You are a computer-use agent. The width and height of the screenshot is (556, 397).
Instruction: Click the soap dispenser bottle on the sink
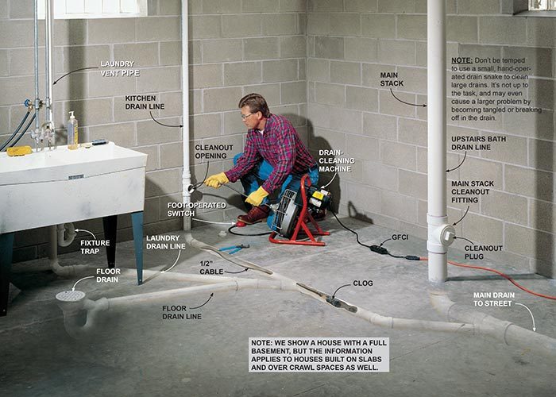pyautogui.click(x=72, y=130)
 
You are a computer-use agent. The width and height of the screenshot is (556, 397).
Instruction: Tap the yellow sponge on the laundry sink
pyautogui.click(x=19, y=151)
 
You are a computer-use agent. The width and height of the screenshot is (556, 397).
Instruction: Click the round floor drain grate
pyautogui.click(x=70, y=295)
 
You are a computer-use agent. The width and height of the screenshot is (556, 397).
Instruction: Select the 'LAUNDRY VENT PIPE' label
pyautogui.click(x=119, y=68)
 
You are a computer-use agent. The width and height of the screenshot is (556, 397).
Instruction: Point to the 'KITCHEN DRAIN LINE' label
pyautogui.click(x=145, y=102)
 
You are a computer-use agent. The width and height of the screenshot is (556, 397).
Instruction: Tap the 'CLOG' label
pyautogui.click(x=363, y=283)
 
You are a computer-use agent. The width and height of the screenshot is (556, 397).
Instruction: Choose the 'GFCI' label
pyautogui.click(x=400, y=237)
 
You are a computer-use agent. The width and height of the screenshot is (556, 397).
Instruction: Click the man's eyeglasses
pyautogui.click(x=248, y=115)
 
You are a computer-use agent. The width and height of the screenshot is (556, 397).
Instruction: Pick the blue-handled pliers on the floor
pyautogui.click(x=234, y=248)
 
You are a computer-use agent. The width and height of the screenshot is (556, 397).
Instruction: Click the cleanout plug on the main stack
pyautogui.click(x=448, y=235)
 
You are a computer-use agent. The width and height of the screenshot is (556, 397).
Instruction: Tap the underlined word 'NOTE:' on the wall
pyautogui.click(x=461, y=60)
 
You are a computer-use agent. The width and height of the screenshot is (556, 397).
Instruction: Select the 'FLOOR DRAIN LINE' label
pyautogui.click(x=182, y=312)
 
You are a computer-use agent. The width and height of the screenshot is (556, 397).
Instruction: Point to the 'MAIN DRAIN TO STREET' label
pyautogui.click(x=493, y=299)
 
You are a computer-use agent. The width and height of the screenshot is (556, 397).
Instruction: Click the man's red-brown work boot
pyautogui.click(x=253, y=215)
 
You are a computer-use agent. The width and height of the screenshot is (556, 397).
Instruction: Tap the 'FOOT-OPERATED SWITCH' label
pyautogui.click(x=196, y=209)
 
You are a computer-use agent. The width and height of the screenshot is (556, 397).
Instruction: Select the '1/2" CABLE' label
pyautogui.click(x=211, y=268)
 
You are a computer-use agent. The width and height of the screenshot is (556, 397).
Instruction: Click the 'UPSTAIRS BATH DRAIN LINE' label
pyautogui.click(x=478, y=143)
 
